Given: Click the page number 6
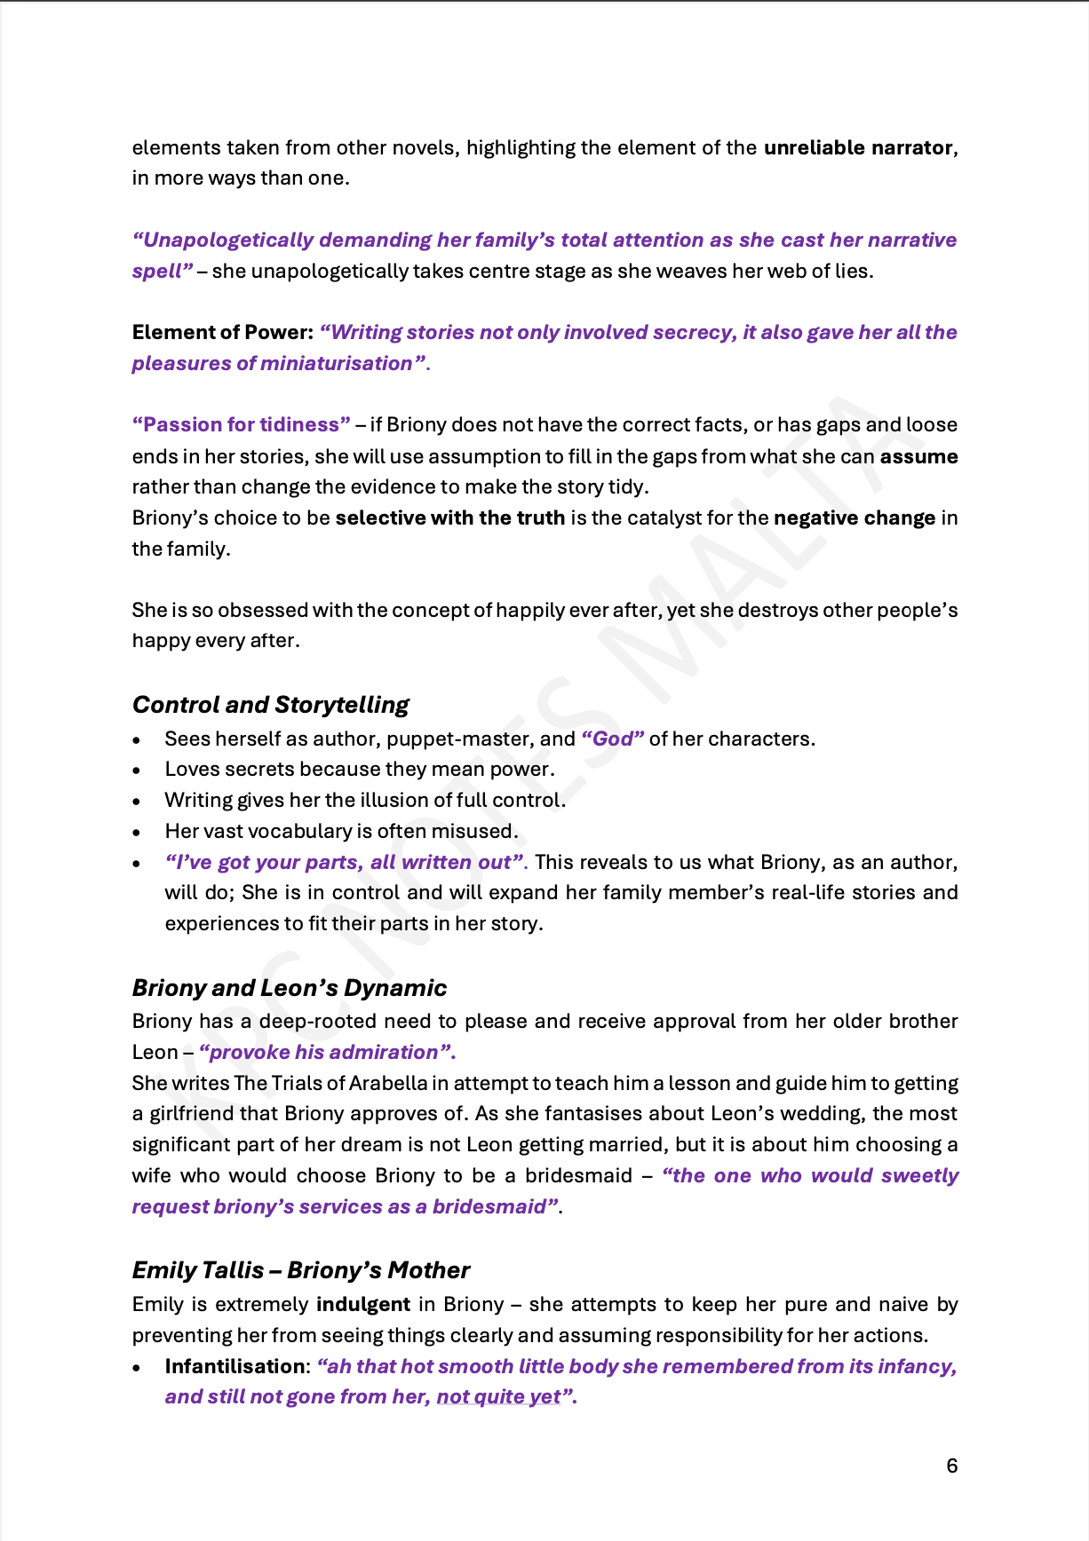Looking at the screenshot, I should point(952,1466).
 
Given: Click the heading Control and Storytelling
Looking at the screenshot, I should point(270,705).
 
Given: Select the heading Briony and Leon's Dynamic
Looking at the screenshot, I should point(289,988).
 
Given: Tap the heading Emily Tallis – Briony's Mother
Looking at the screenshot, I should point(300,1270).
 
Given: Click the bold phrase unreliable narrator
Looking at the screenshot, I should point(858,147).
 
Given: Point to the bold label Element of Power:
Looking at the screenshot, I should point(222,332).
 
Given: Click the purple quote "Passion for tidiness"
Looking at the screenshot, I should point(241,424).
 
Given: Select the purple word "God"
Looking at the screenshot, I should point(613,739).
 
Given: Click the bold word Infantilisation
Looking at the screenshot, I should point(235,1366).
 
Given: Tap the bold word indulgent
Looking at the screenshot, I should point(363,1304).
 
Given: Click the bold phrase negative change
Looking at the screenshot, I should point(854,518).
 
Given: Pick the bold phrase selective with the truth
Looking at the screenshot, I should point(449,518).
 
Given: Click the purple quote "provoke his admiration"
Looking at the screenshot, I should point(327,1052).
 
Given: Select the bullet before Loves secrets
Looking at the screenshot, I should point(136,770).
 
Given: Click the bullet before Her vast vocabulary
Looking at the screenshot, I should point(136,832).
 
